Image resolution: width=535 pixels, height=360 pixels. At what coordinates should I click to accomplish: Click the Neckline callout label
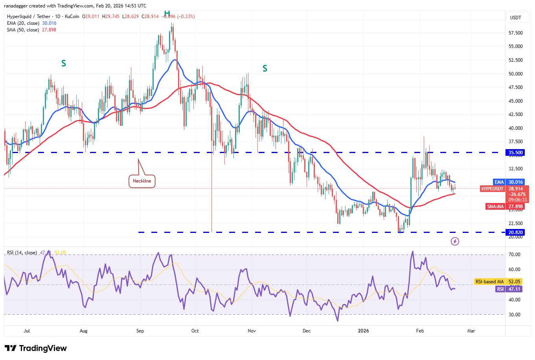click(142, 181)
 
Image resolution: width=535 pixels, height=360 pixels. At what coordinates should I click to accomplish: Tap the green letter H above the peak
click(167, 12)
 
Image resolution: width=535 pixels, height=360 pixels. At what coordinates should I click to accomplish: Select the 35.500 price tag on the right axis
click(516, 153)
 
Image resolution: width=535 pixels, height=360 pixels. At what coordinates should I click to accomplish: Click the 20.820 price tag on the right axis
click(516, 233)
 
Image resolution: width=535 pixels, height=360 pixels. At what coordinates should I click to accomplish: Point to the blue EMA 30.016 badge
click(509, 182)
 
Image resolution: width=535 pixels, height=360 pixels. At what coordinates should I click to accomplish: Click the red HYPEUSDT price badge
click(492, 189)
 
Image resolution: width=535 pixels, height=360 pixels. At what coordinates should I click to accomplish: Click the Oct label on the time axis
click(195, 331)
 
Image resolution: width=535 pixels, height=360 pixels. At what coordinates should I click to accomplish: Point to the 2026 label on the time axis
click(364, 331)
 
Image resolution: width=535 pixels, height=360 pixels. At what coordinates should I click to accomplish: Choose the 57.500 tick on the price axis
click(515, 33)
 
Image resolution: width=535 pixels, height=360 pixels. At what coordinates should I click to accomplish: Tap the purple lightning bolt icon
click(455, 241)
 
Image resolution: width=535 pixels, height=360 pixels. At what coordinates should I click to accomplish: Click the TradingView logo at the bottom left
click(36, 348)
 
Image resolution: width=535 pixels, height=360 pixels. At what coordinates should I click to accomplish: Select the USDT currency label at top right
click(515, 18)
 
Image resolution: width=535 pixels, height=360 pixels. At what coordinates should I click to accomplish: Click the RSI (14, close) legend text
click(22, 253)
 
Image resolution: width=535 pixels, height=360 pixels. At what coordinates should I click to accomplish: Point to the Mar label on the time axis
click(471, 331)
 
